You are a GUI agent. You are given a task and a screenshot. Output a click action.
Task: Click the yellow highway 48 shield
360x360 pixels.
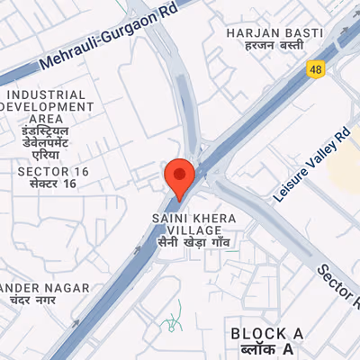316,67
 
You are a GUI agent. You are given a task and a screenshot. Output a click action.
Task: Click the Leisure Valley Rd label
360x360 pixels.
311,161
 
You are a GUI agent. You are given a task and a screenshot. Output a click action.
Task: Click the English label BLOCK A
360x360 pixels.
267,334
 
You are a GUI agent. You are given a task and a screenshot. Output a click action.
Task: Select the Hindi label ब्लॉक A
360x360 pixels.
264,348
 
